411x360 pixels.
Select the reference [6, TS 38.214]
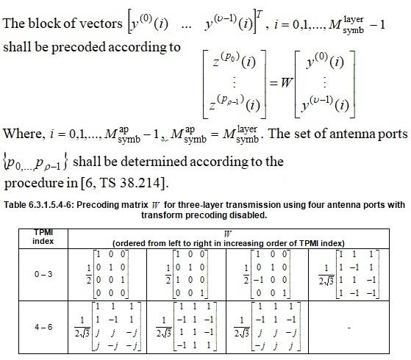pos(140,181)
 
